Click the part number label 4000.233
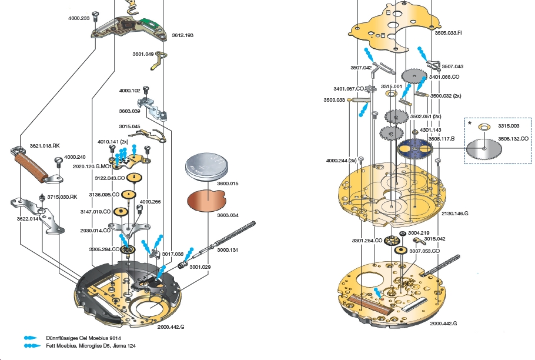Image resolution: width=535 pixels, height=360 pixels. point(79,18)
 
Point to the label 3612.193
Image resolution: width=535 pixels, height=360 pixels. point(182,35)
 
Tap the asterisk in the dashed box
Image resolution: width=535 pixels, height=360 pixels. point(469,124)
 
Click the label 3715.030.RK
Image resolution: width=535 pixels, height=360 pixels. point(62,196)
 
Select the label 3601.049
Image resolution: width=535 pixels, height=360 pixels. point(143,54)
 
